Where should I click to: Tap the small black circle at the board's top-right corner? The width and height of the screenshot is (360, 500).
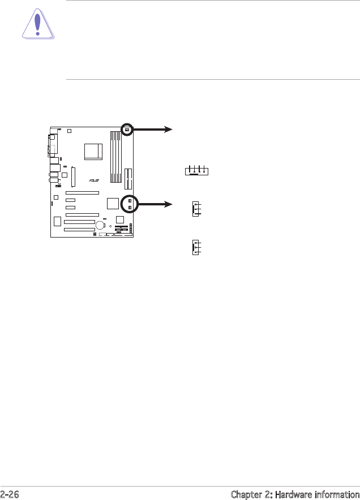point(127,130)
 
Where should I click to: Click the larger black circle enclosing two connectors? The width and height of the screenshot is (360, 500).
point(130,204)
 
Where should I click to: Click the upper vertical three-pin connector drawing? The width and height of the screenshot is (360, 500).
point(196,209)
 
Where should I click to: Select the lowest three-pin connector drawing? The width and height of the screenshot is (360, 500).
point(196,248)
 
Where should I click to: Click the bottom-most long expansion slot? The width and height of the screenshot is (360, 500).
point(79,230)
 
